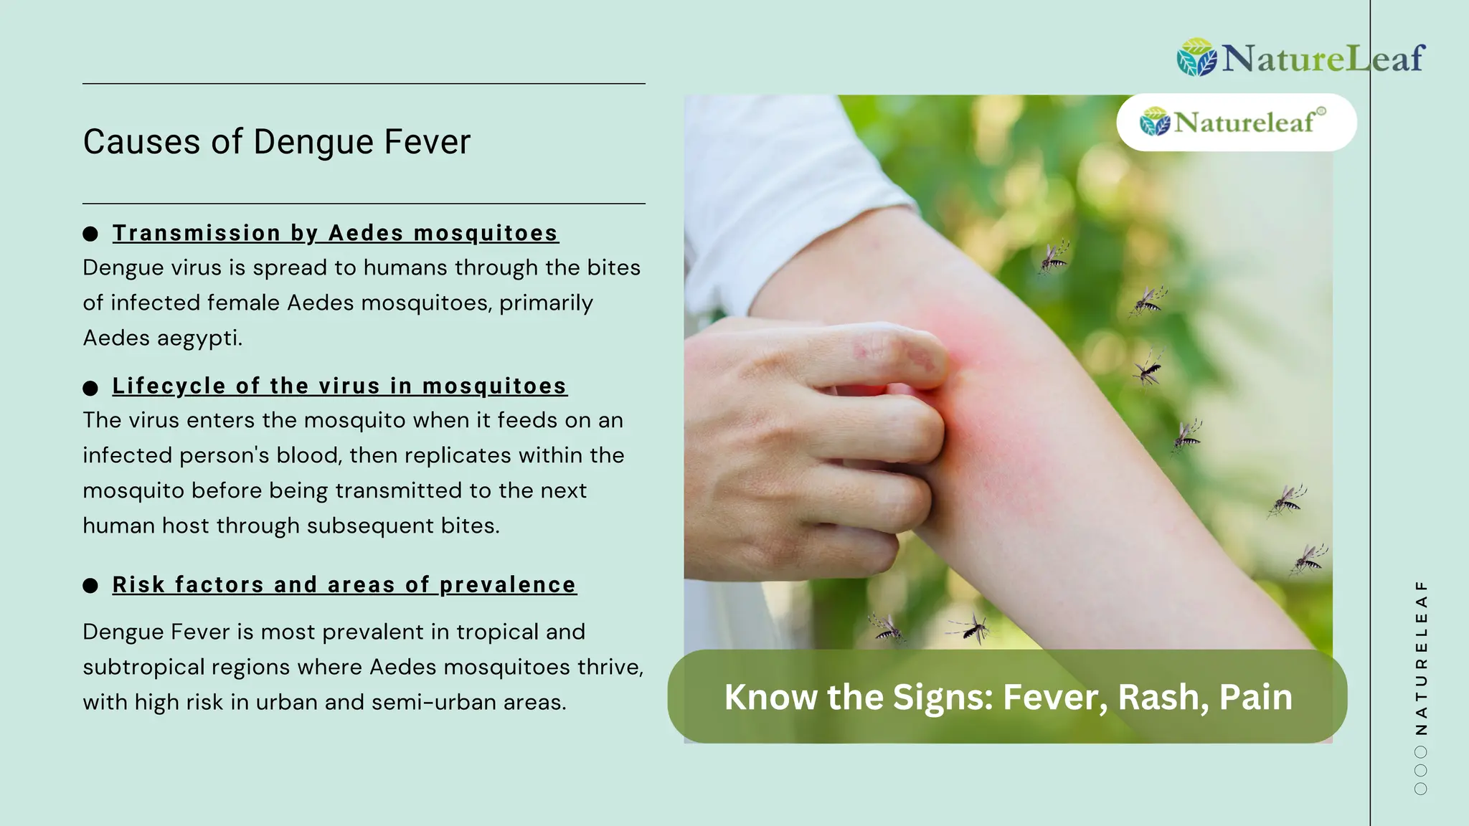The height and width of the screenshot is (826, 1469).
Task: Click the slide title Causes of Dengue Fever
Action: (276, 142)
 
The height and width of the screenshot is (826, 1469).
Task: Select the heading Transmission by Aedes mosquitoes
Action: (335, 233)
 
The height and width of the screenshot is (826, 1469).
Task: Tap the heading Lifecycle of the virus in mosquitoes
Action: (339, 386)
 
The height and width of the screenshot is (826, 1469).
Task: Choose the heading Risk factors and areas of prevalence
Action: (344, 585)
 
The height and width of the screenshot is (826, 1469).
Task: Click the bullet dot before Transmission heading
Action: (90, 234)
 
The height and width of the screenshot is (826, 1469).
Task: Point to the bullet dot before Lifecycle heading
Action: (90, 388)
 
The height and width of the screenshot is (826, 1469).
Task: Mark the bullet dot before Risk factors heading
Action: (90, 586)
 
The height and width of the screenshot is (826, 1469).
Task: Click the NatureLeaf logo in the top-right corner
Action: (1300, 58)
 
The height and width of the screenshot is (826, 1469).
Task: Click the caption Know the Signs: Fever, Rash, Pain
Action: (1008, 697)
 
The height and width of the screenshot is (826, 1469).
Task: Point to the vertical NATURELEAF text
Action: (1421, 657)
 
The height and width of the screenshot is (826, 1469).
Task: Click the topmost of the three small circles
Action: (1421, 752)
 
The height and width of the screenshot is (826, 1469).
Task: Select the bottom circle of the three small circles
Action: (1421, 789)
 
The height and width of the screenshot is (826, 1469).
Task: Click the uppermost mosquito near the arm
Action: (1054, 257)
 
